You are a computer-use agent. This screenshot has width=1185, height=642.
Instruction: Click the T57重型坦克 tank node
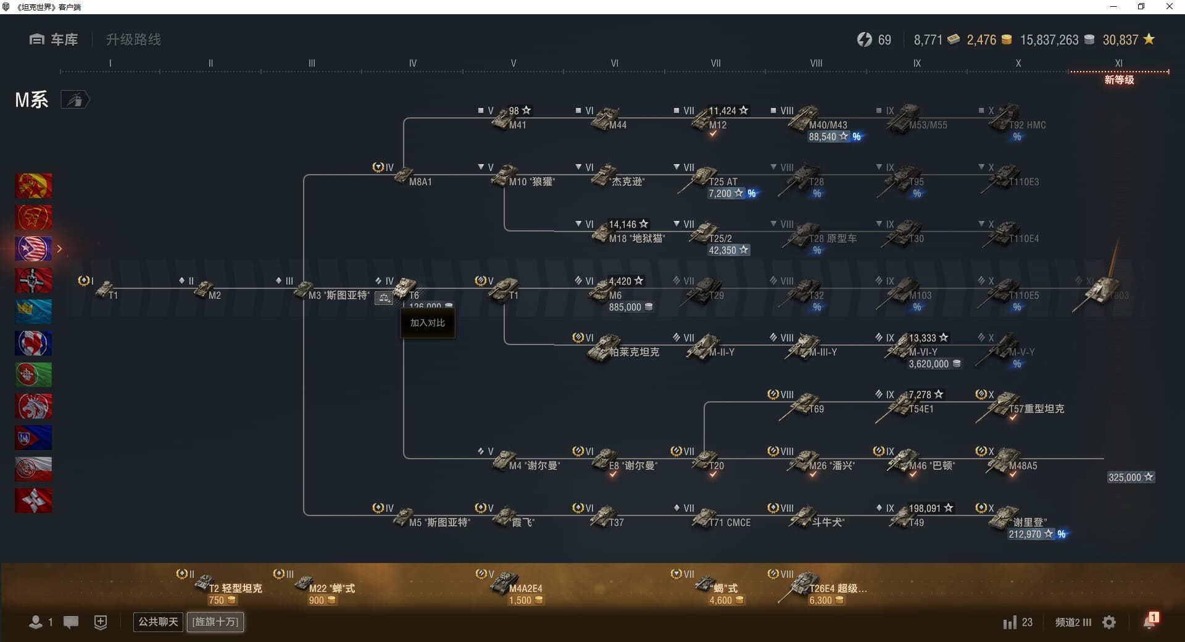(1025, 408)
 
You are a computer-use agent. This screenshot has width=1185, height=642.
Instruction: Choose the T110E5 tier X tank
(1012, 294)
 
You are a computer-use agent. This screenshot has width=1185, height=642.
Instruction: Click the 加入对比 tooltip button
(427, 323)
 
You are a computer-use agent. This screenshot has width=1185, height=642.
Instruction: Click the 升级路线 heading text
(133, 40)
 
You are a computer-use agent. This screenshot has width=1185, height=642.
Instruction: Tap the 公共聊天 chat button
(158, 622)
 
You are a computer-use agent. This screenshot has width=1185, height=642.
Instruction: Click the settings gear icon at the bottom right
(1109, 622)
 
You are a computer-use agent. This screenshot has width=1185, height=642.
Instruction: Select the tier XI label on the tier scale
(1118, 63)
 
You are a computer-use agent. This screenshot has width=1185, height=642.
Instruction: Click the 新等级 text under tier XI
(1119, 80)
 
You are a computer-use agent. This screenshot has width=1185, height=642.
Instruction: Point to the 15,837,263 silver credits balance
(1049, 40)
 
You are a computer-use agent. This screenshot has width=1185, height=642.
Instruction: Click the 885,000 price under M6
(625, 307)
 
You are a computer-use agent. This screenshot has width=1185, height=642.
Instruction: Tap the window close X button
(1169, 7)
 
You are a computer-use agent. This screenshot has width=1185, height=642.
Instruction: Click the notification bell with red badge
(1150, 621)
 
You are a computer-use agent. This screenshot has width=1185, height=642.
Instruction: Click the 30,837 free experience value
(1120, 40)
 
